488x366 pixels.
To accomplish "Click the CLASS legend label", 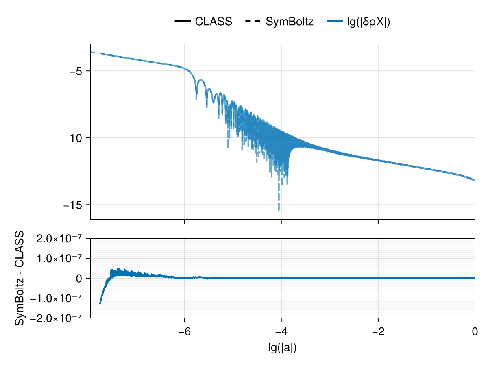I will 213,22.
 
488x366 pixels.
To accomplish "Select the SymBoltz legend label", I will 290,22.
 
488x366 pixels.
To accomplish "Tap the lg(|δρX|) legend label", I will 368,22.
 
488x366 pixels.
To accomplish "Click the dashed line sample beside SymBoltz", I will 254,22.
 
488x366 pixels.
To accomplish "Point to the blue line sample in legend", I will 334,22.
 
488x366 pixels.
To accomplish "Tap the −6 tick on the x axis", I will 184,331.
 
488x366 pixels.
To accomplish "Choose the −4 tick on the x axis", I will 281,331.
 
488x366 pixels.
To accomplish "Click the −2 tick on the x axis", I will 378,331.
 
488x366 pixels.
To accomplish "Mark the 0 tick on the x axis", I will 475,331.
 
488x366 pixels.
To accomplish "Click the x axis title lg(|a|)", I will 282,348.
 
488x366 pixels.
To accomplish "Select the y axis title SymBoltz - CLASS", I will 20,278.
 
